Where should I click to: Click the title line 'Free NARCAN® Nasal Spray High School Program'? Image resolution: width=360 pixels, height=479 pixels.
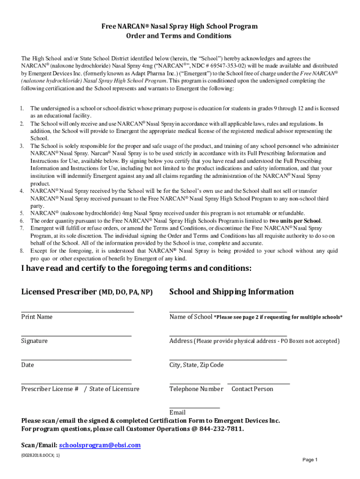[180, 27]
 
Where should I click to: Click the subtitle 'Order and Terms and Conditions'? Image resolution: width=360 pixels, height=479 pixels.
[180, 36]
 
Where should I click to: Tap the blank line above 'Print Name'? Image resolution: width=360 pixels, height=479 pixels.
[78, 312]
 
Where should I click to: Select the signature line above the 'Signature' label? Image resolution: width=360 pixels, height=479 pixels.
[76, 335]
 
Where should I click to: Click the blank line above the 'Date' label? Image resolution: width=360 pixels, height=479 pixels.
[76, 360]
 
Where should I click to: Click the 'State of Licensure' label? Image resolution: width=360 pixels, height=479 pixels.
[114, 389]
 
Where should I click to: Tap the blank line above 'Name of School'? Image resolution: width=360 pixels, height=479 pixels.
[228, 312]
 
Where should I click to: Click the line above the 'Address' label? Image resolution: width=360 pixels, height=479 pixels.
[228, 335]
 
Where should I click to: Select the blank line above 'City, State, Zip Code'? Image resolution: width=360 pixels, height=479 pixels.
[228, 360]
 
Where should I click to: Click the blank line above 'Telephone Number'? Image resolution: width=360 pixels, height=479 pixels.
[194, 384]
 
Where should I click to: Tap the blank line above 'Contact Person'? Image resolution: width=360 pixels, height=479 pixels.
[259, 384]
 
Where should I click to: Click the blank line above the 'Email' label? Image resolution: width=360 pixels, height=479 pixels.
[194, 408]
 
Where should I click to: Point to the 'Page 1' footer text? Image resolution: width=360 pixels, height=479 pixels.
[310, 460]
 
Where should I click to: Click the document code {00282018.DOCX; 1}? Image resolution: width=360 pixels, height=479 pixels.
[41, 455]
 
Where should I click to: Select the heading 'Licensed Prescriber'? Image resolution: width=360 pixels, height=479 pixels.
[58, 292]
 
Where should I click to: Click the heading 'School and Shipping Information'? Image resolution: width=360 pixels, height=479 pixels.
[231, 292]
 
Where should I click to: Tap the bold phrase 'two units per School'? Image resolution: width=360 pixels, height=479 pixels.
[295, 221]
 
